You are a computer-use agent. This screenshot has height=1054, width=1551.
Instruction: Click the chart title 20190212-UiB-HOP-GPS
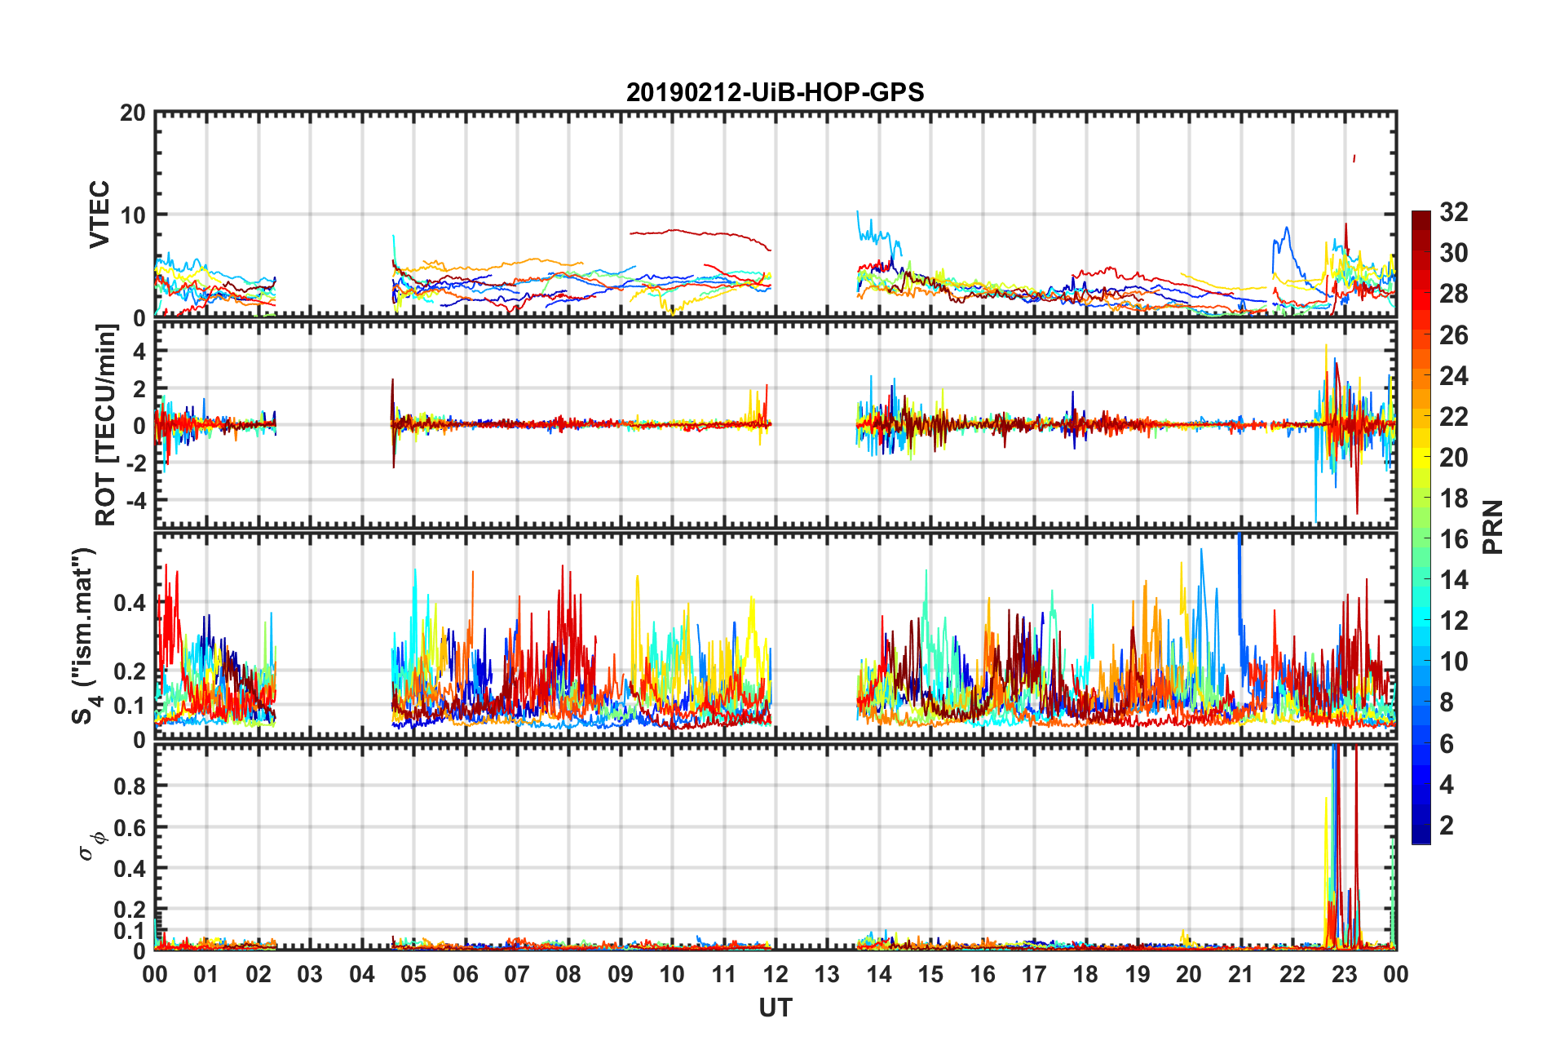(x=775, y=92)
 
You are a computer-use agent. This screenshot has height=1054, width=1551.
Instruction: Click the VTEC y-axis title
(x=99, y=215)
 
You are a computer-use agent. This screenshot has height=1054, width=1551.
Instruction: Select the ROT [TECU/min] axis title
(x=106, y=424)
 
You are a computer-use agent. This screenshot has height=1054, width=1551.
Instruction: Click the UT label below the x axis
(x=775, y=1008)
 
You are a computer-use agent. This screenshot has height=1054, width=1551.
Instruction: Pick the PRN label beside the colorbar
(x=1493, y=527)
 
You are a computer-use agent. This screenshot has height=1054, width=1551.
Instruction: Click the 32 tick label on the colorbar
(x=1454, y=212)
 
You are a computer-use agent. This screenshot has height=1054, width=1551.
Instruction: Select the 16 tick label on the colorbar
(x=1454, y=539)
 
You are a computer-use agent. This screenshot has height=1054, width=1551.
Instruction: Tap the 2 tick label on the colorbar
(x=1447, y=826)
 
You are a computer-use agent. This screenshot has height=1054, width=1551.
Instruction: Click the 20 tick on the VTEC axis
(x=132, y=113)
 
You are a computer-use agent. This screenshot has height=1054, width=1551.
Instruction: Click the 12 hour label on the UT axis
(x=775, y=975)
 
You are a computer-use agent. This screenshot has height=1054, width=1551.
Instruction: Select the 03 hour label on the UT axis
(x=310, y=975)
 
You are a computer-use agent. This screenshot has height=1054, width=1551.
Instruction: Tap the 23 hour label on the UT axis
(x=1344, y=975)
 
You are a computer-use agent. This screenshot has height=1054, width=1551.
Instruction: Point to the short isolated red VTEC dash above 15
(x=1354, y=158)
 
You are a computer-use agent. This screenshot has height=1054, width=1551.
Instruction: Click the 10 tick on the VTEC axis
(x=132, y=215)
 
